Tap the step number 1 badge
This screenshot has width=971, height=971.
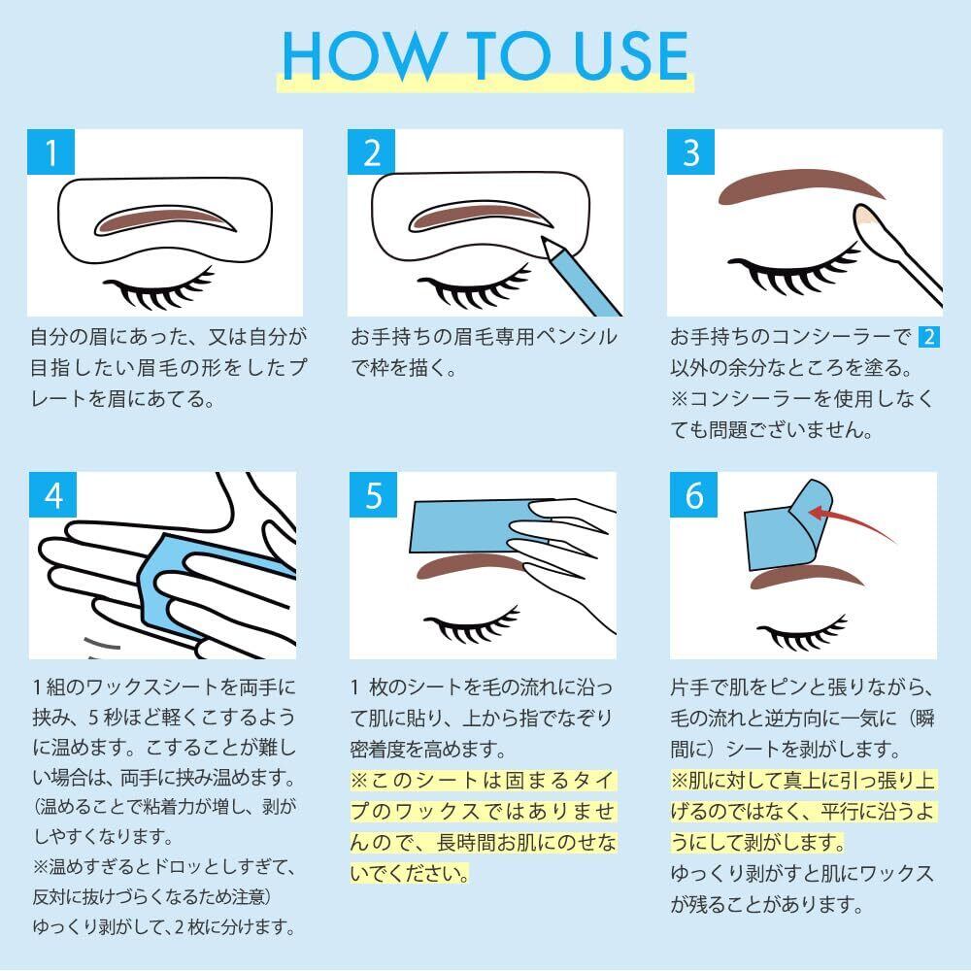(50, 152)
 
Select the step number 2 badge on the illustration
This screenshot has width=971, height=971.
(371, 152)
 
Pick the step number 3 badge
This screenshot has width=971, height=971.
(690, 152)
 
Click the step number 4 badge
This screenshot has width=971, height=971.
(52, 495)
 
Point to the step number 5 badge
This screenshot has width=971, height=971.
(373, 495)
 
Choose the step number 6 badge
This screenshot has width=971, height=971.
(693, 495)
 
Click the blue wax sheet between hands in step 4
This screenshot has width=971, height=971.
(185, 582)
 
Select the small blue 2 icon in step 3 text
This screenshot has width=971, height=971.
(928, 337)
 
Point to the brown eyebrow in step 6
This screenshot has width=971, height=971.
(806, 577)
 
